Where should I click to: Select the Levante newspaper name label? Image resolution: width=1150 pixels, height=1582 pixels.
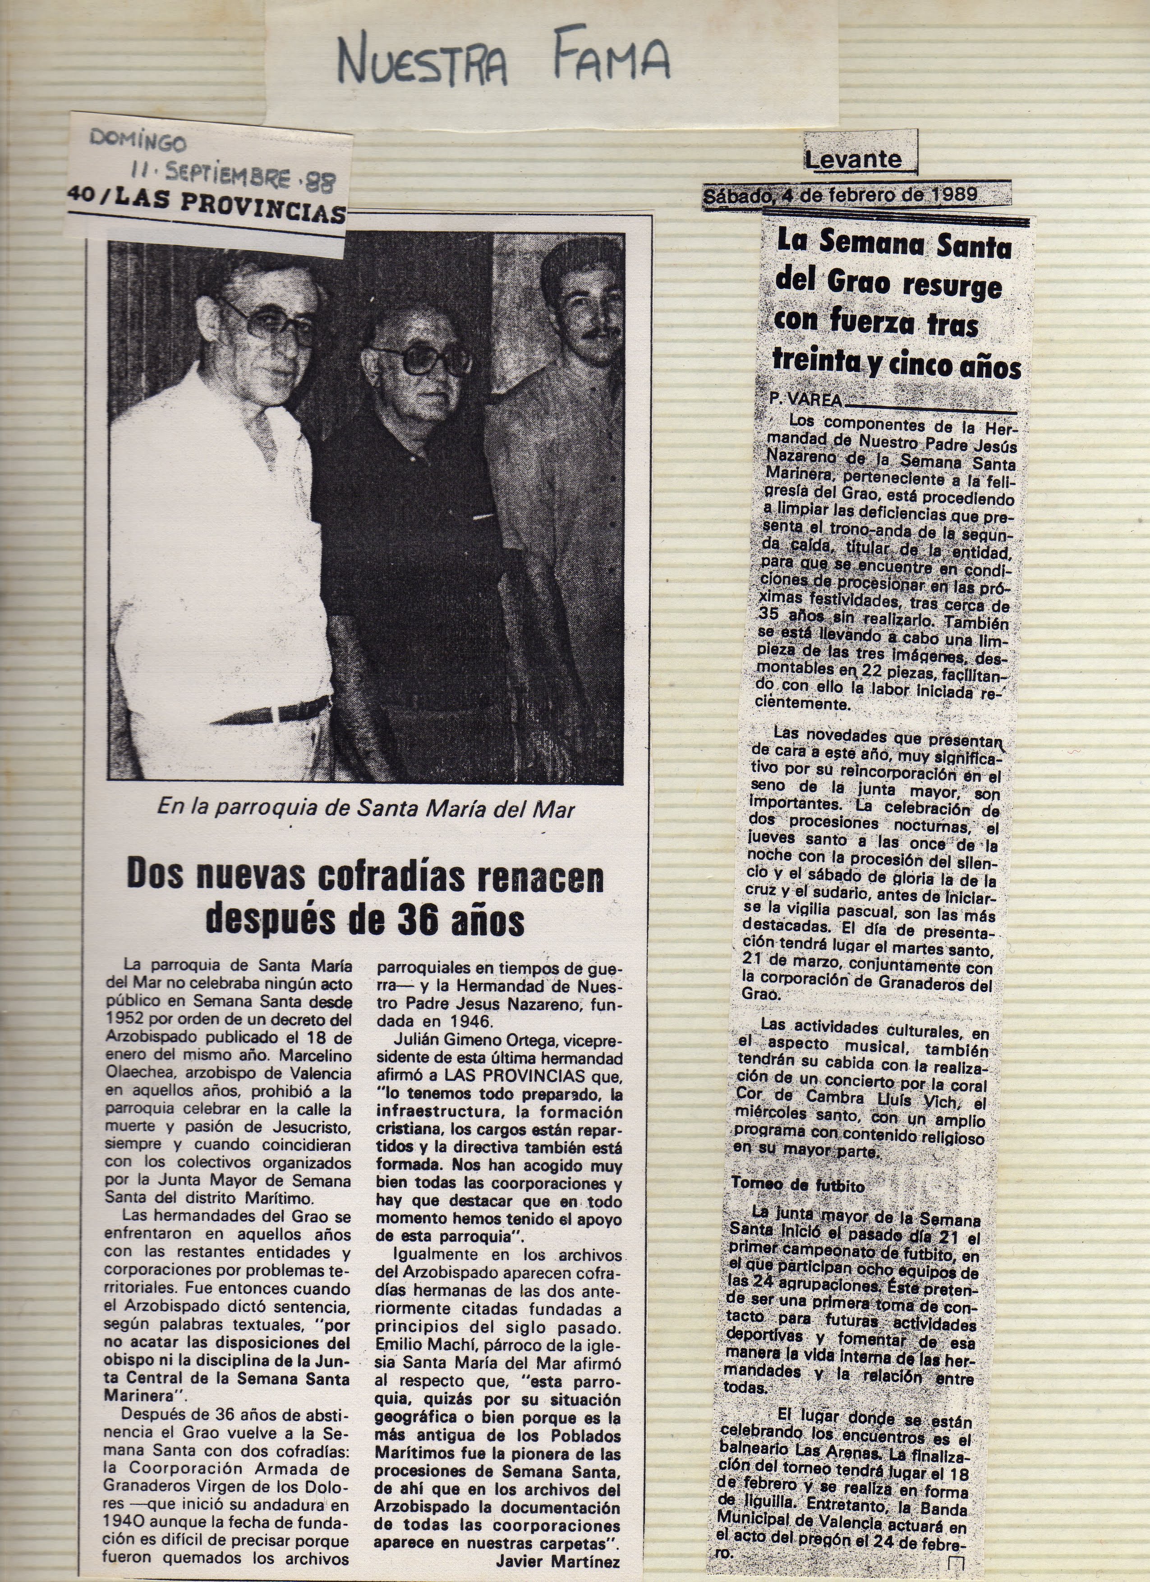tap(853, 159)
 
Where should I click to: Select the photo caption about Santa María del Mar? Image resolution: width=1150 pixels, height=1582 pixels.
tap(366, 808)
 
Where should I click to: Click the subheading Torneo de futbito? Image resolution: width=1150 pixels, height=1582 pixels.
tap(798, 1184)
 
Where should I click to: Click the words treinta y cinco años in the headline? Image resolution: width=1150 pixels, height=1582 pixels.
tap(896, 363)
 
